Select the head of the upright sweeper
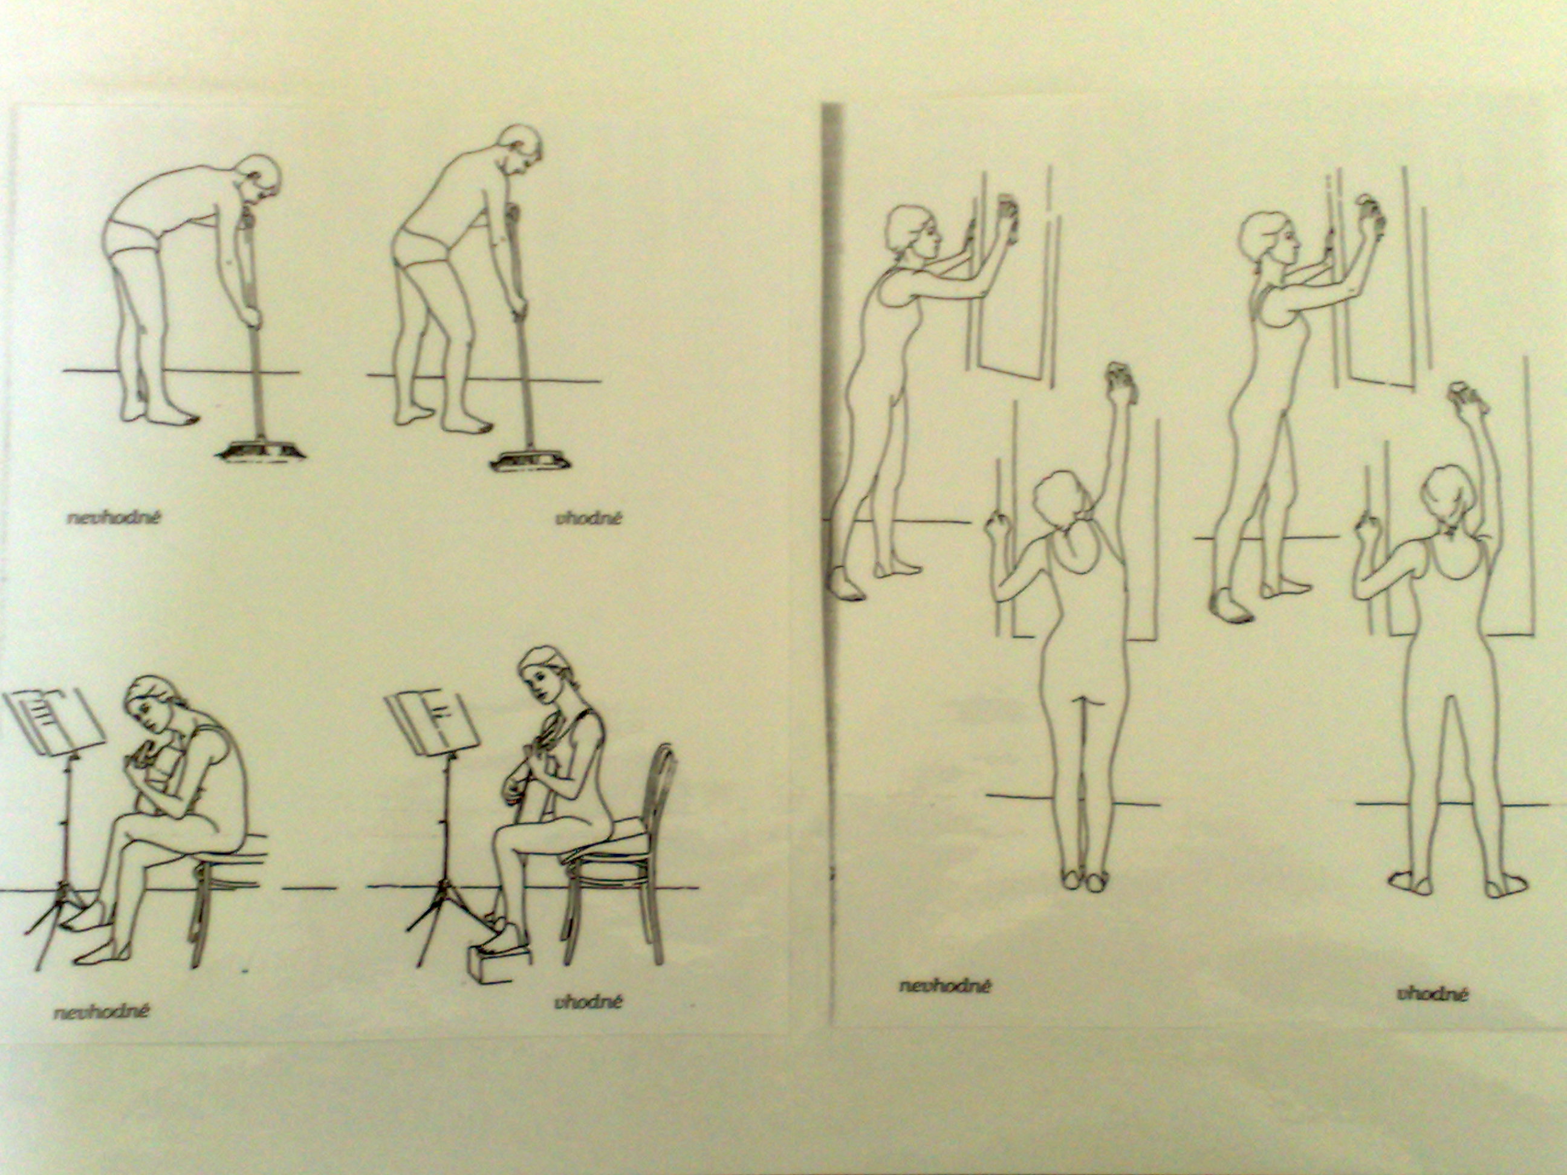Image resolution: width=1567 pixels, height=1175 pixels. coord(520,152)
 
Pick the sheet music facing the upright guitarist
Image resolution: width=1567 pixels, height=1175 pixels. coord(433,721)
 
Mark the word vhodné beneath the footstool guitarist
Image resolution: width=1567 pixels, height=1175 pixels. coord(588,1002)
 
